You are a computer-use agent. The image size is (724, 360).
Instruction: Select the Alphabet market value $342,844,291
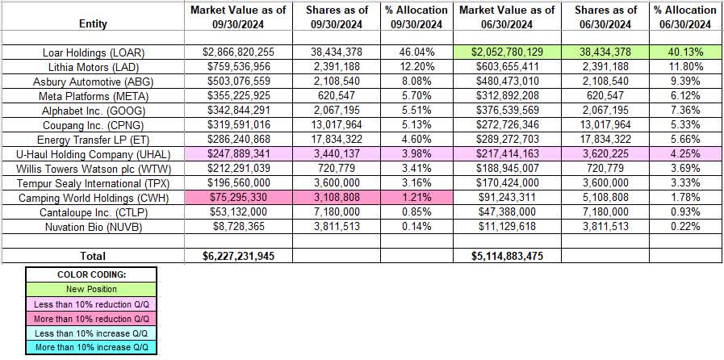[240, 108]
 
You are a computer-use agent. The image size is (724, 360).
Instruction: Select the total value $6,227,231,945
[240, 256]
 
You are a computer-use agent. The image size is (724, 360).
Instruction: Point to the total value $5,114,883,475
[507, 256]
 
